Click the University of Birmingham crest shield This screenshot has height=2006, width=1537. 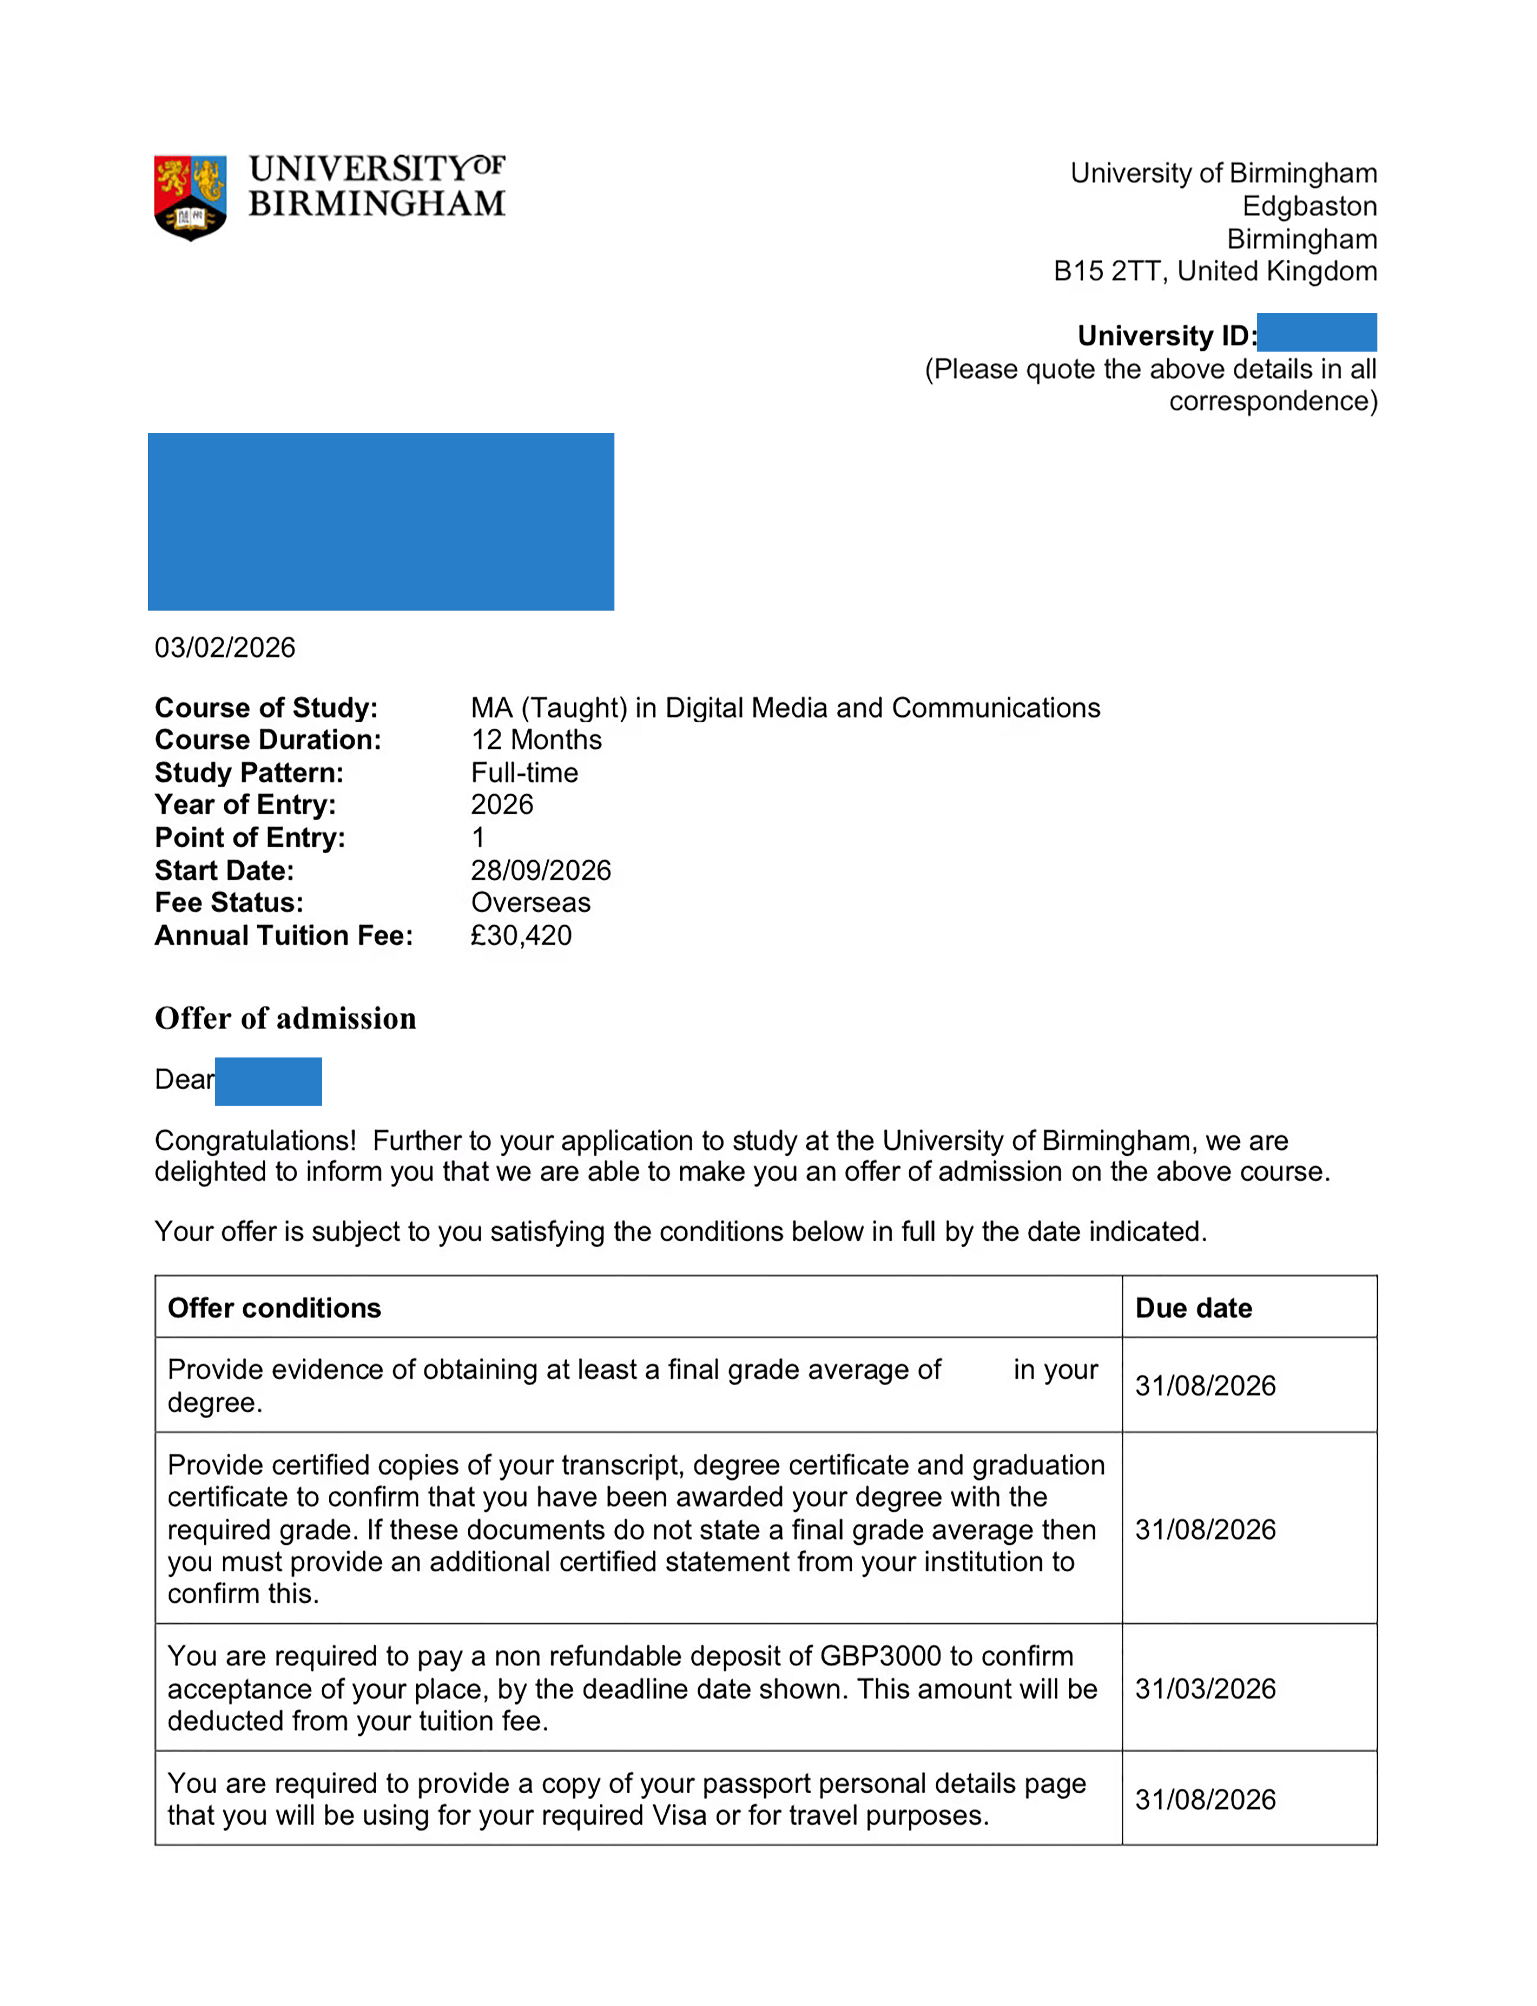point(190,197)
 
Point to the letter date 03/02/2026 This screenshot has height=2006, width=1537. point(225,648)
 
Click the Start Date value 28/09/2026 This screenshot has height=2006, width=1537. point(541,870)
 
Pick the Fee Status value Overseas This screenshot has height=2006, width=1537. point(531,903)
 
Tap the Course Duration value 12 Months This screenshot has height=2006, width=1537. point(536,740)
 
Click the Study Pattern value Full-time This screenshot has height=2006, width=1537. point(524,773)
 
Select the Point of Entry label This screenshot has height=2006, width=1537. point(250,838)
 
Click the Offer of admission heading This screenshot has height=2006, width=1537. point(285,1018)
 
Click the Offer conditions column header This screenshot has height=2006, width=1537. point(274,1309)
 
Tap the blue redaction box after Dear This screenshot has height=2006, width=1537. point(268,1082)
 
